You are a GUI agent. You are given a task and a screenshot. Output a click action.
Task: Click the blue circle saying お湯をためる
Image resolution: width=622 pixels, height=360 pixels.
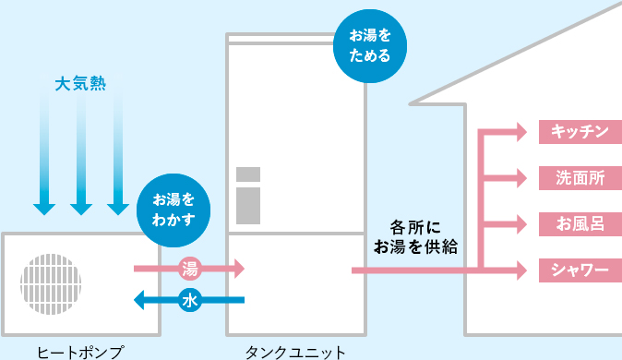370,46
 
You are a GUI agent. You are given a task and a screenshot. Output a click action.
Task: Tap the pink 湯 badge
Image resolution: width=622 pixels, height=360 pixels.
190,270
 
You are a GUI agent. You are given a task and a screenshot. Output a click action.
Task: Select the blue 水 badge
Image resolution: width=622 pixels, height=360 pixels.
190,299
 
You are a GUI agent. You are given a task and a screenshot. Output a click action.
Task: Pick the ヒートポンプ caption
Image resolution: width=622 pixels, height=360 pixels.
80,351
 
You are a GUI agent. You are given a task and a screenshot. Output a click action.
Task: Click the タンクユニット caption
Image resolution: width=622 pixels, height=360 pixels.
296,351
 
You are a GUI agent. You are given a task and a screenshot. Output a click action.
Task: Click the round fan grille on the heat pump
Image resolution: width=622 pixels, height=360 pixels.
51,283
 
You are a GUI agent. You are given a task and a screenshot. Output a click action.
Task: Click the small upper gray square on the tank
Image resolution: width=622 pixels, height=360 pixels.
248,175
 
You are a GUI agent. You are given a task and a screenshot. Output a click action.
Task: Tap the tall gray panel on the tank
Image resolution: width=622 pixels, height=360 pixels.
248,206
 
